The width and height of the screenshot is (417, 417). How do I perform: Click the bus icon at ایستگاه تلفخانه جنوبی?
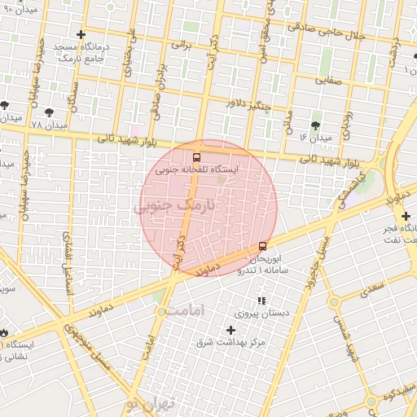pos(195,157)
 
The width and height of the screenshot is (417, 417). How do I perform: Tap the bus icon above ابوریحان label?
pos(262,245)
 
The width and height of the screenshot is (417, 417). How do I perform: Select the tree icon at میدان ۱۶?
pos(315,125)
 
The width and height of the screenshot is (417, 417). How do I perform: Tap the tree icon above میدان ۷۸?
pos(49,112)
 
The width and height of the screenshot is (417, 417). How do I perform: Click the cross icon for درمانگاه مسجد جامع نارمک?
pos(80,34)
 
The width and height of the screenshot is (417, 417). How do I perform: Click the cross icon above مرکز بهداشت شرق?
pos(230,330)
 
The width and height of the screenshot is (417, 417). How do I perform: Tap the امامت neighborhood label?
pos(187,311)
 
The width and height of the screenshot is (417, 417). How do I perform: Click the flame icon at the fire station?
pos(4,332)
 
